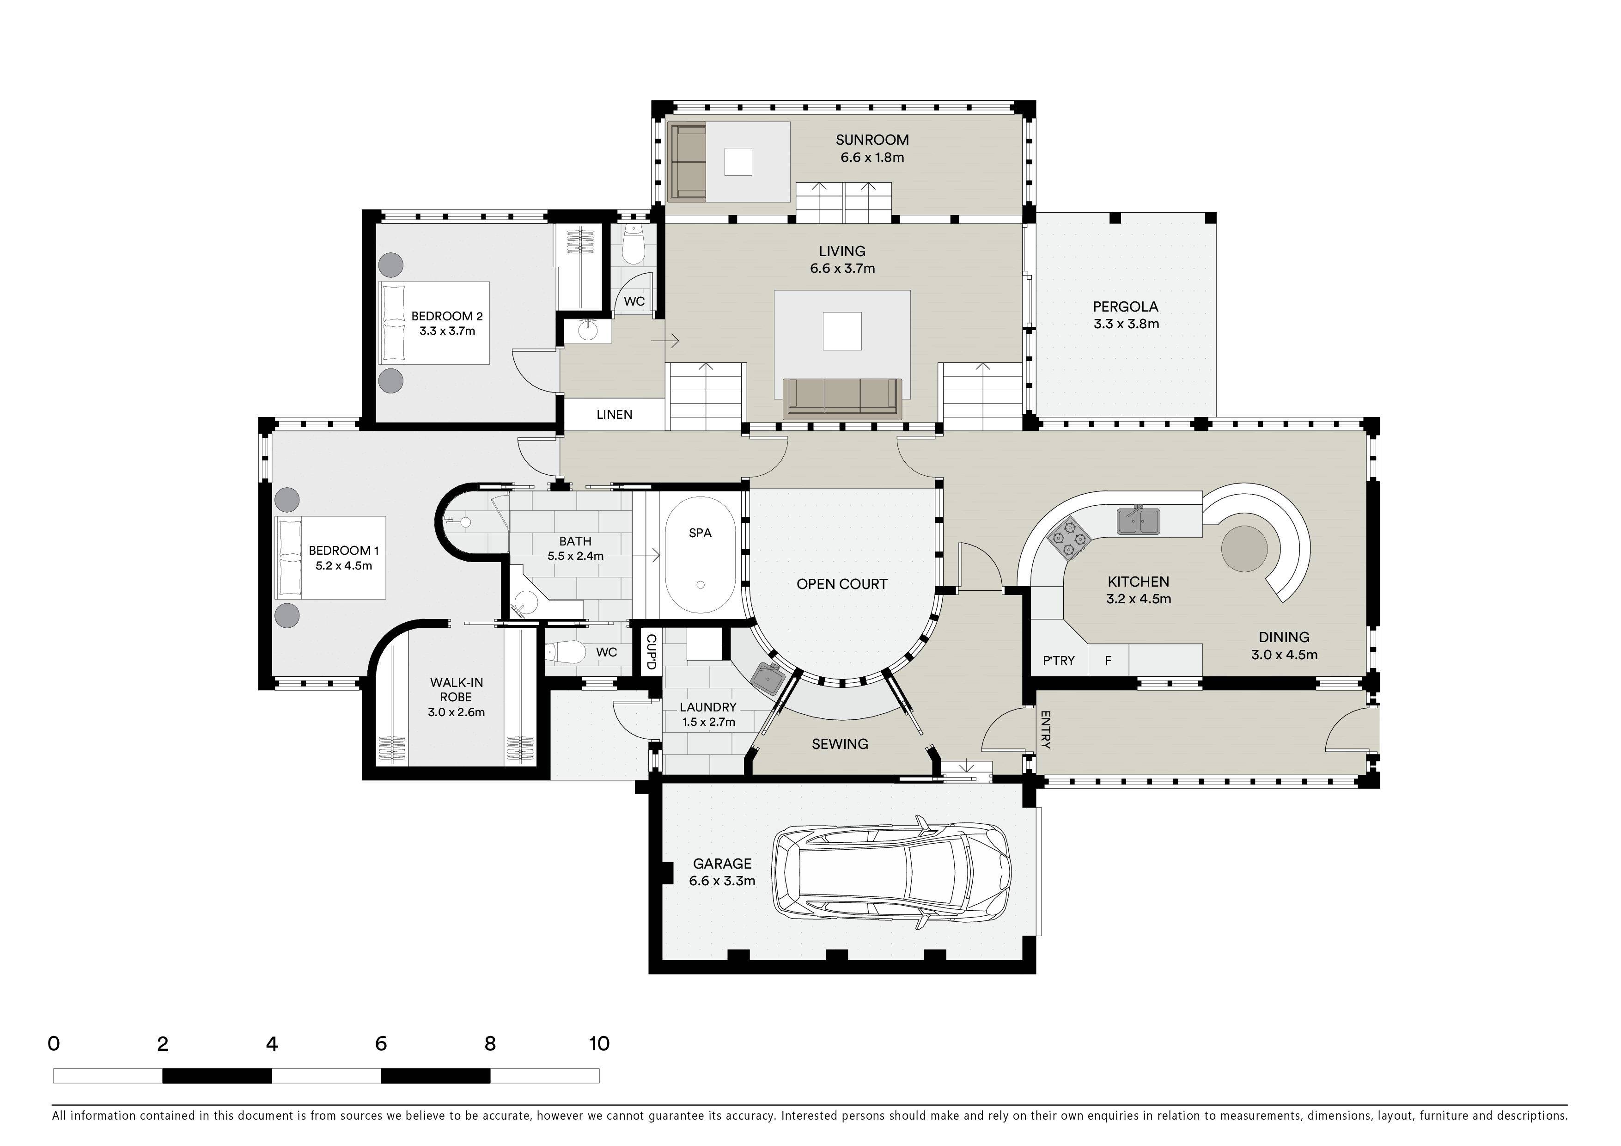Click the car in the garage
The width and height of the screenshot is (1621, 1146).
click(x=892, y=873)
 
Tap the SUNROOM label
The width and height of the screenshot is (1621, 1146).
click(x=872, y=140)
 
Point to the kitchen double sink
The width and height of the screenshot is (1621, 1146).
click(x=1139, y=521)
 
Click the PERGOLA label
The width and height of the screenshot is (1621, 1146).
click(x=1125, y=306)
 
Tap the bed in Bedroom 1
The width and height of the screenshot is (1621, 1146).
click(x=330, y=558)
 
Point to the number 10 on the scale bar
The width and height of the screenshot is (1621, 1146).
click(x=599, y=1044)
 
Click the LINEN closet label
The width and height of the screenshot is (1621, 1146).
click(x=614, y=415)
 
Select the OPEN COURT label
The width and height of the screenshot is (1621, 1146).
click(x=841, y=584)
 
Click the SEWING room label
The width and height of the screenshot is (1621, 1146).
click(x=840, y=743)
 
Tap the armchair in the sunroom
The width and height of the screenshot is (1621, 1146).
click(x=687, y=162)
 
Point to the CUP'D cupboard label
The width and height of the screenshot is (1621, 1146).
click(x=650, y=652)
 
